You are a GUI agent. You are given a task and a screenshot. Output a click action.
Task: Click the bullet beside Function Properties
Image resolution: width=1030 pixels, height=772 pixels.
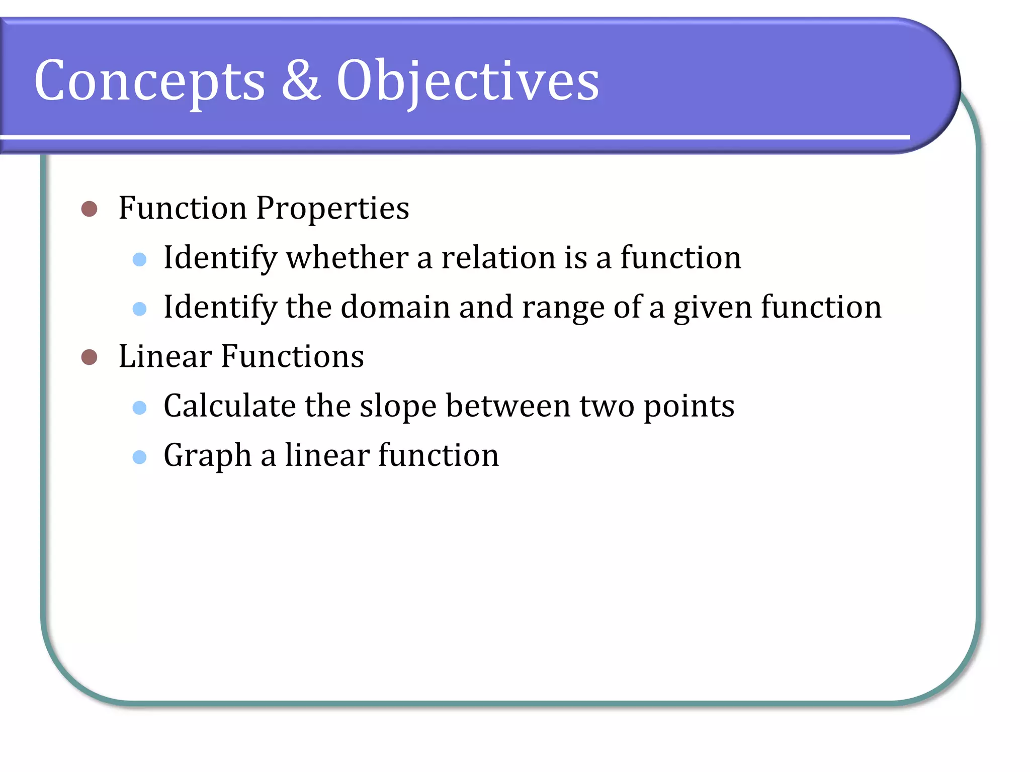(89, 209)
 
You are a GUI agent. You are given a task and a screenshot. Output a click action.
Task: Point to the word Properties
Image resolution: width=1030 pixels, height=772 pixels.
(332, 209)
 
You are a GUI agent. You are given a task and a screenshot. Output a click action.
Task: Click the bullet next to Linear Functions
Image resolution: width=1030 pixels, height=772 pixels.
(89, 357)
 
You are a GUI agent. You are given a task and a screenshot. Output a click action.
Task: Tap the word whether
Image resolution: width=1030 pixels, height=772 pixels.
(347, 258)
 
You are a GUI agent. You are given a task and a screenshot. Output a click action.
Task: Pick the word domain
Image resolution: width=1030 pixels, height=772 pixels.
(395, 307)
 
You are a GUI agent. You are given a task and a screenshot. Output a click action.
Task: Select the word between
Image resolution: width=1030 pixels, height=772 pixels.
(508, 406)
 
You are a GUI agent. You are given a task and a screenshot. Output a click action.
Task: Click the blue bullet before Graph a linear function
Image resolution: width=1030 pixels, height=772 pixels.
(139, 457)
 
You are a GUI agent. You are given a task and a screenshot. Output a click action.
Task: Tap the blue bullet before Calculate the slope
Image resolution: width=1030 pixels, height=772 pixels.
(139, 407)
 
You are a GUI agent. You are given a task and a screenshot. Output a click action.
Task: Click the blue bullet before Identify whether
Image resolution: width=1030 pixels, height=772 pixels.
(139, 259)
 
